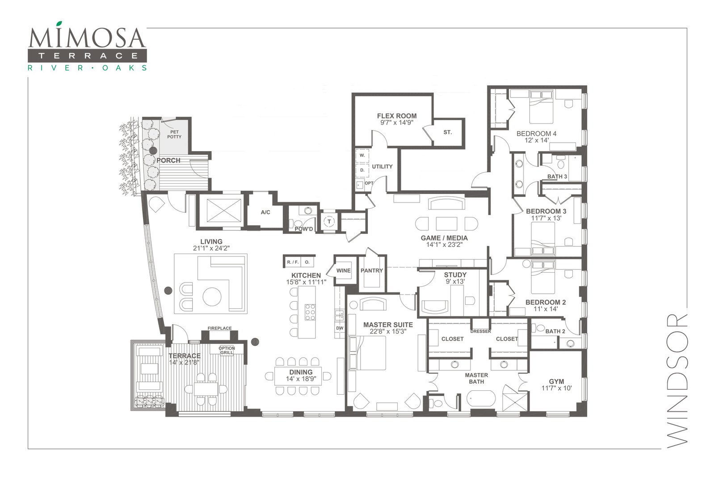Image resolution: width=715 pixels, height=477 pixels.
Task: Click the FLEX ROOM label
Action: coord(397,116)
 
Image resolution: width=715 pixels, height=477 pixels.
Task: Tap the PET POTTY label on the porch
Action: coord(174,135)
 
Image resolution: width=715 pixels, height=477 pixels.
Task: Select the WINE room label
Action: coord(344,270)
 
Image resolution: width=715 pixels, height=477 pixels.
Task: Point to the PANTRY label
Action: coord(371,270)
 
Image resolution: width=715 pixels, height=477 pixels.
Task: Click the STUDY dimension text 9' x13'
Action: coord(455,281)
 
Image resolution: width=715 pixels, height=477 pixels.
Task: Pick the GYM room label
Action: coord(556,381)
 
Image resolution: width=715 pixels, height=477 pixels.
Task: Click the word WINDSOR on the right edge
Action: coord(677,381)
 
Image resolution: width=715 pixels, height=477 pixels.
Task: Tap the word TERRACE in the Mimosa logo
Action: coord(88,56)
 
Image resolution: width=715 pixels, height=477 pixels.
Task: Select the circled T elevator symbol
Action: coord(329,221)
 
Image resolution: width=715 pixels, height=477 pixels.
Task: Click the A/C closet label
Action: coord(265,212)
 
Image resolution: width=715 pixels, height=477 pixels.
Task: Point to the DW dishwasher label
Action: coord(340,328)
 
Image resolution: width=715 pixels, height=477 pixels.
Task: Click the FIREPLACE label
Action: coord(219,328)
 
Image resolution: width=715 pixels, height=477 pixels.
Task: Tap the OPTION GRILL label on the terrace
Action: coord(227,350)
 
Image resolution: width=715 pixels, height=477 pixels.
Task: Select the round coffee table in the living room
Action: coord(212,296)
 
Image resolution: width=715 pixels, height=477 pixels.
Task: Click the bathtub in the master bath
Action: coord(481,399)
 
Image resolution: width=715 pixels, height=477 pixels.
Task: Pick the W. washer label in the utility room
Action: coord(362,156)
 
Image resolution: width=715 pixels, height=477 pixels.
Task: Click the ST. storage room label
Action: coord(447,132)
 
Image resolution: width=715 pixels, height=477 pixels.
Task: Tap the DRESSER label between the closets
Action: coord(480,331)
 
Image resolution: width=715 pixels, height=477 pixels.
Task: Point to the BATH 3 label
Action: coord(557,177)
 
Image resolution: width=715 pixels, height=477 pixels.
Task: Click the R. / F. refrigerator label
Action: coord(293,262)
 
